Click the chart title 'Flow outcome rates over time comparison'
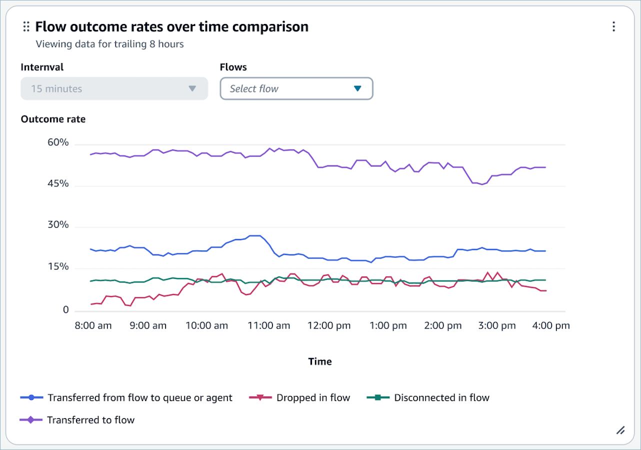pos(171,27)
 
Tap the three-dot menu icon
pos(613,27)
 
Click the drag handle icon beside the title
pos(26,27)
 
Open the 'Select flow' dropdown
pos(296,88)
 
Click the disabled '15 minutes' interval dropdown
pos(114,88)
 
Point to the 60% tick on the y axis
pos(57,143)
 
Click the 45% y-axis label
pos(57,184)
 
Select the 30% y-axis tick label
pos(57,225)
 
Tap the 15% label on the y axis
pos(57,267)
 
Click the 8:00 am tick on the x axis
pos(93,325)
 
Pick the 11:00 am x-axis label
pos(269,325)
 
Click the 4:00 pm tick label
pos(550,325)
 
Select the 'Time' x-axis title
pos(320,361)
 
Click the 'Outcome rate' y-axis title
pos(53,119)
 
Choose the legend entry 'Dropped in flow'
pos(299,398)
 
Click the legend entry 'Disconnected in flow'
pos(428,398)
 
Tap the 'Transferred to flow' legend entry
pos(77,420)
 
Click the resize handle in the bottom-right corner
pos(620,430)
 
